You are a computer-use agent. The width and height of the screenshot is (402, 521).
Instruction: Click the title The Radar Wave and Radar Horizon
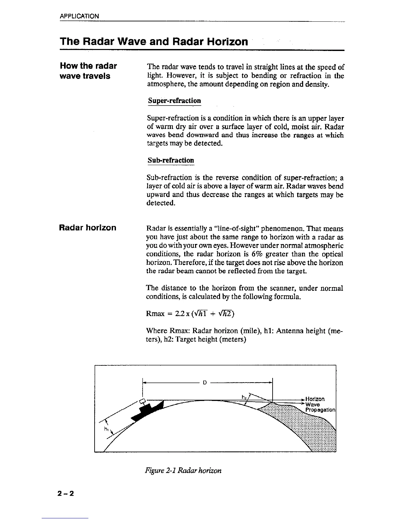pos(154,42)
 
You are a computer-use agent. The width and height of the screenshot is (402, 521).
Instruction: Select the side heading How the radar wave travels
pos(88,71)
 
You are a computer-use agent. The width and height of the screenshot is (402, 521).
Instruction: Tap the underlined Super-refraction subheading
pos(174,101)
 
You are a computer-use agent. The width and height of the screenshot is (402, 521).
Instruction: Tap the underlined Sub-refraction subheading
pos(171,160)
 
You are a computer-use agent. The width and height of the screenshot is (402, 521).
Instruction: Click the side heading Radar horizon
pos(88,228)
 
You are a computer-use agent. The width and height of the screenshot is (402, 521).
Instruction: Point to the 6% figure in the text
pos(257,254)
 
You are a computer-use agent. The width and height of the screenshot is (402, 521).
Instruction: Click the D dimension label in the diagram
pos(205,383)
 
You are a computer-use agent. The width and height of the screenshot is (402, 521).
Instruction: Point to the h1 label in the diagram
pos(106,429)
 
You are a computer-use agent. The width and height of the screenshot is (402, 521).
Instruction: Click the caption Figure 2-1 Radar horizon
pos(183,470)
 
